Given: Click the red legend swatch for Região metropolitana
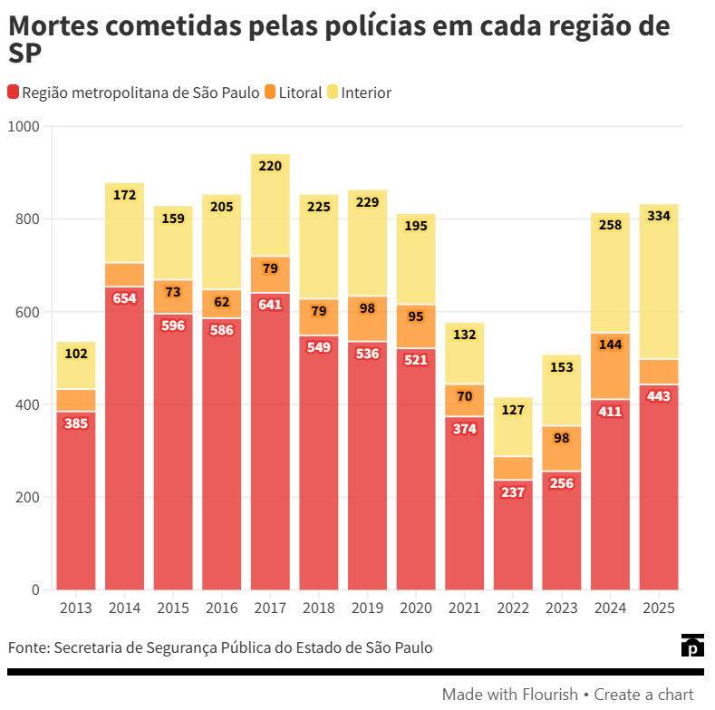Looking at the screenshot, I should (14, 92).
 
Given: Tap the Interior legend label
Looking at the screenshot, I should (366, 92).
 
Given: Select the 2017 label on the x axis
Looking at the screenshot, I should (270, 608).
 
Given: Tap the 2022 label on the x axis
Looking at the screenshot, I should (513, 608).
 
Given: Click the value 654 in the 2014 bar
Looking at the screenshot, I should (125, 298).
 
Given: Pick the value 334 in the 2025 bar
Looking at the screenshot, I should (659, 216).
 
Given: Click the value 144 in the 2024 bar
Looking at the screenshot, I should (610, 345).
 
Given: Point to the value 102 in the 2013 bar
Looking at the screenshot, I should (76, 354).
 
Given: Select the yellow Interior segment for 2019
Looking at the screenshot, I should (367, 254).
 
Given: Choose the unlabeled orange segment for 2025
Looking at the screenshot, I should (659, 372).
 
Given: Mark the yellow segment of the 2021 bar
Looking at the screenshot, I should (465, 358).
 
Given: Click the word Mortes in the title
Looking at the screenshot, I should (54, 26).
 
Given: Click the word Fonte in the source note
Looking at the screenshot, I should (27, 647).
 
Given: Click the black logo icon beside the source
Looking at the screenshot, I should (692, 646).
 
